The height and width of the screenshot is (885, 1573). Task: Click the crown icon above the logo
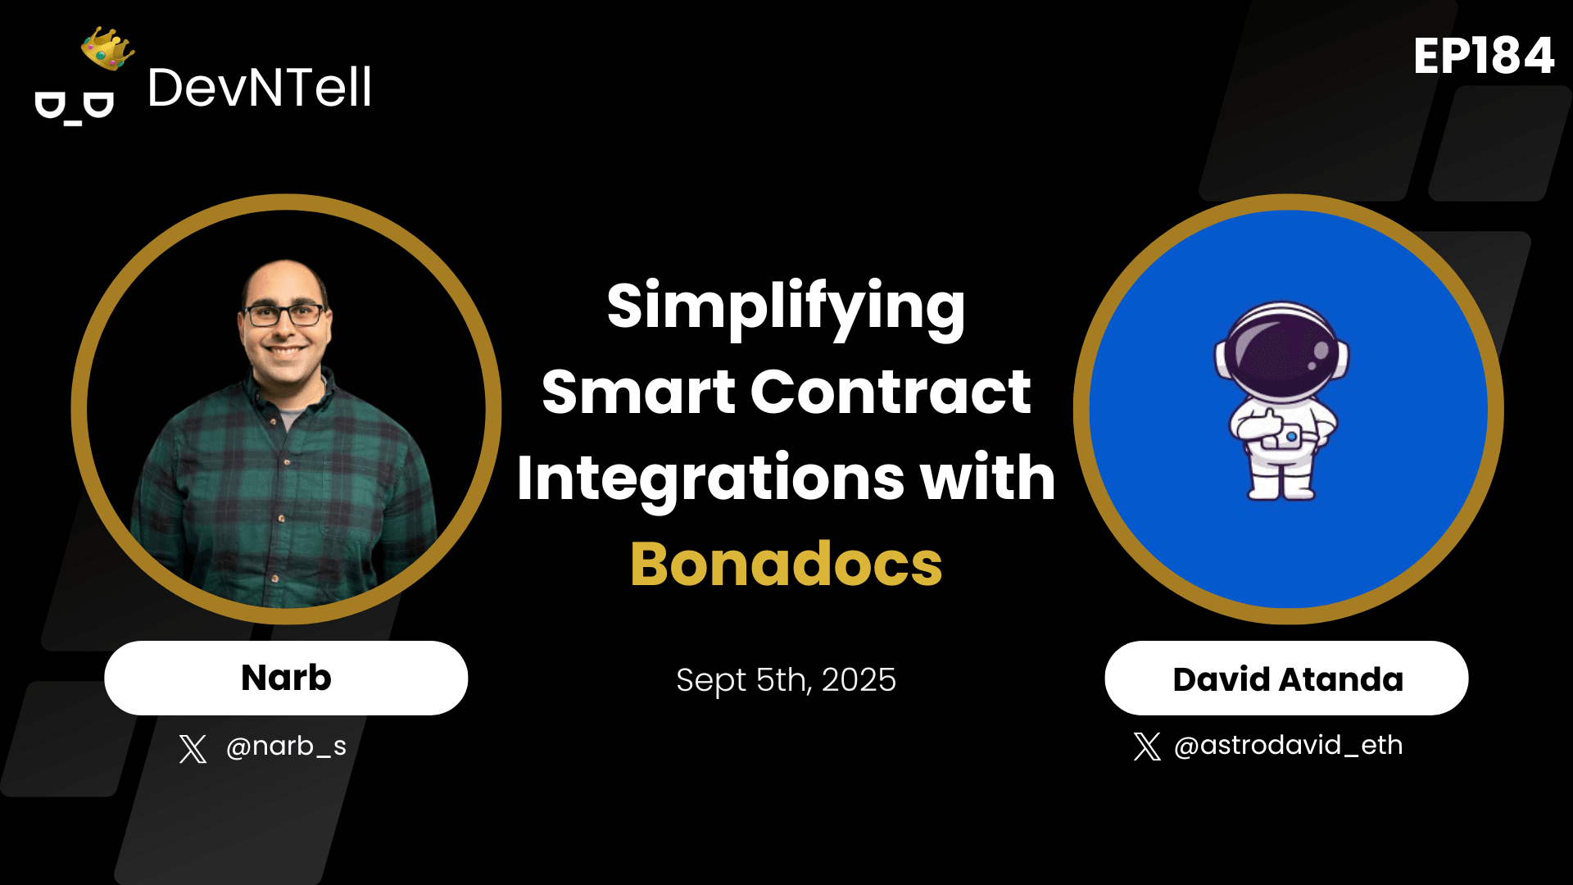107,48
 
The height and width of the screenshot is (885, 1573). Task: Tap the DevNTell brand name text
259,88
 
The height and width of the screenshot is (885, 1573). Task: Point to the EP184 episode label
1483,57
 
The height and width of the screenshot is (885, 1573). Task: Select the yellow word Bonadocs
786,565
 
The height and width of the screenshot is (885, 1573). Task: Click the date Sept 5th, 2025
786,680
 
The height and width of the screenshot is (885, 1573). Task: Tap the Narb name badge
286,678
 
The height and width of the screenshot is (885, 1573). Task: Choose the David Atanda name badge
1286,678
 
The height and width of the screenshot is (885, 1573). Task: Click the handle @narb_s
286,747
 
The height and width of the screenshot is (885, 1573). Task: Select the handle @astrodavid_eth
1288,746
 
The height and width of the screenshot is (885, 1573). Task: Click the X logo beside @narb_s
193,748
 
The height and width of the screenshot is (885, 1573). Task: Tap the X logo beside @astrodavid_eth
1147,747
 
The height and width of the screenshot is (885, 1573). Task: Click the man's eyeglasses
285,315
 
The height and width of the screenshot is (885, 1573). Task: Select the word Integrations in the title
710,479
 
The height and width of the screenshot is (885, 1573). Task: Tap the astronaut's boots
1281,489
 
